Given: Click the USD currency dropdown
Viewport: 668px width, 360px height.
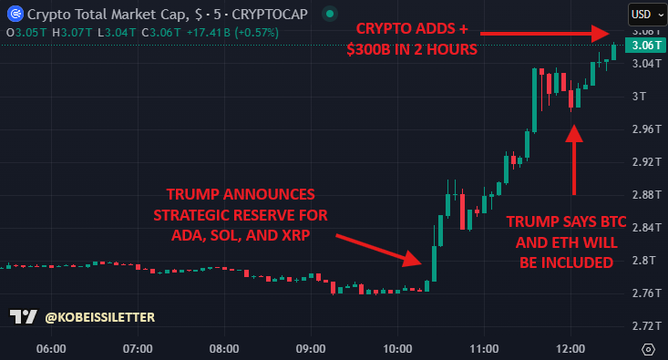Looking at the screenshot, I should [646, 15].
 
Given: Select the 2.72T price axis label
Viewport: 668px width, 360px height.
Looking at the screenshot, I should [645, 325].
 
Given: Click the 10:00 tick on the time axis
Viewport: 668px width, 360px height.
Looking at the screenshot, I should [397, 349].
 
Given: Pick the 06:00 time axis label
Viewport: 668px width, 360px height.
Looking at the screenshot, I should [51, 349].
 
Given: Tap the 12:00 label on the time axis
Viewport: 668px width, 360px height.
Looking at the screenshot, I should [570, 349].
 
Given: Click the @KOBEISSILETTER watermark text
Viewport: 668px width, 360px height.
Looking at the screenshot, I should [100, 317].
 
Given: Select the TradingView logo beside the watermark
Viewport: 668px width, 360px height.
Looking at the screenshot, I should [22, 317].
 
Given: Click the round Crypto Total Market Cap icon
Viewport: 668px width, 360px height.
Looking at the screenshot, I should [13, 15].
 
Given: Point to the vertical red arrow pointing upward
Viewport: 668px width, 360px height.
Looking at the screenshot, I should [573, 159].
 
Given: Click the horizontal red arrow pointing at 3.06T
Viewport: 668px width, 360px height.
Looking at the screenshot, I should [547, 34].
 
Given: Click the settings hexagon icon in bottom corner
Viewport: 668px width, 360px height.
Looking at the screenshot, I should [648, 349].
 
